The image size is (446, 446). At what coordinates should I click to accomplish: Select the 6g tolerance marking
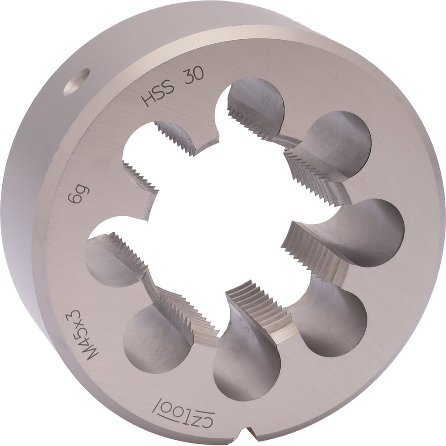(76, 194)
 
